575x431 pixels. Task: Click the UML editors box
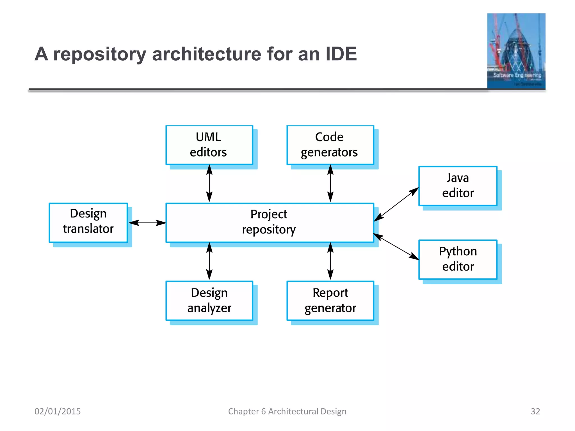point(209,145)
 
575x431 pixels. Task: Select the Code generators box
point(330,145)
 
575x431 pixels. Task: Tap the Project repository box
point(270,223)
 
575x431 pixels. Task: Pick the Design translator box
point(88,223)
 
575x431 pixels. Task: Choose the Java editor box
point(458,186)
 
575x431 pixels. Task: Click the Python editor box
point(458,259)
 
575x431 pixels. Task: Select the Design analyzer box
point(209,301)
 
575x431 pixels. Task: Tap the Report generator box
point(330,301)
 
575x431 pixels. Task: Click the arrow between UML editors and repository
point(209,183)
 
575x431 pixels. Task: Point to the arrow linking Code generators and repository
point(330,183)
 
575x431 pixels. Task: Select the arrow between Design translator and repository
point(147,223)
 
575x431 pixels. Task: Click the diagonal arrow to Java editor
point(396,204)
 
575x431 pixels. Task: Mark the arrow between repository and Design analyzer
point(209,261)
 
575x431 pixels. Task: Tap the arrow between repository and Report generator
point(330,261)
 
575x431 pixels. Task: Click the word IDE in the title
point(341,54)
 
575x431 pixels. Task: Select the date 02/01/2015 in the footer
point(58,411)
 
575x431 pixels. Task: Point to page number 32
point(535,411)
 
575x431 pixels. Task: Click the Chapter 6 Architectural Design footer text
point(287,411)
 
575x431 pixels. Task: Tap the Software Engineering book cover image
point(516,51)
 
